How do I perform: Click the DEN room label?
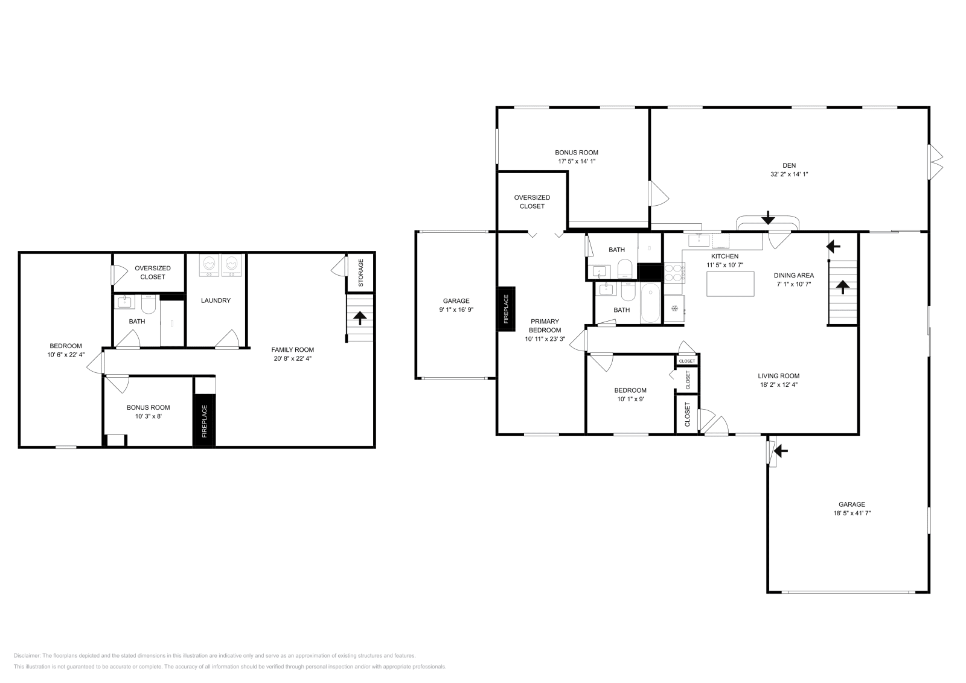coord(788,165)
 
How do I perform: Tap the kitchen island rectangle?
coord(731,284)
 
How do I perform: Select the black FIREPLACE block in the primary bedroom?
coord(506,309)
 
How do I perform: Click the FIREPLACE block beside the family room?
coord(204,421)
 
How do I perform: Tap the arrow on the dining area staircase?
coord(842,286)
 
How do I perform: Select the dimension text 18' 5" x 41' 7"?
coord(851,513)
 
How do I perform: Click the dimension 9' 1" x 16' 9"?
coord(456,310)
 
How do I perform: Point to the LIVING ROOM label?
coord(778,376)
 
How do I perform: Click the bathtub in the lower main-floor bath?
coord(651,305)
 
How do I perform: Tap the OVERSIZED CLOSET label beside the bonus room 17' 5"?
coord(532,202)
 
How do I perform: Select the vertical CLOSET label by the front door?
coord(687,415)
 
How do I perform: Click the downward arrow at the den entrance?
coord(768,217)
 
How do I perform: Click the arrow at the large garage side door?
coord(781,450)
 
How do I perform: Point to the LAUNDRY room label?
coord(216,300)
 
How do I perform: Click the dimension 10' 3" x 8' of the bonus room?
coord(148,416)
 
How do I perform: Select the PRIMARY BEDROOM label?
coord(545,326)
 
